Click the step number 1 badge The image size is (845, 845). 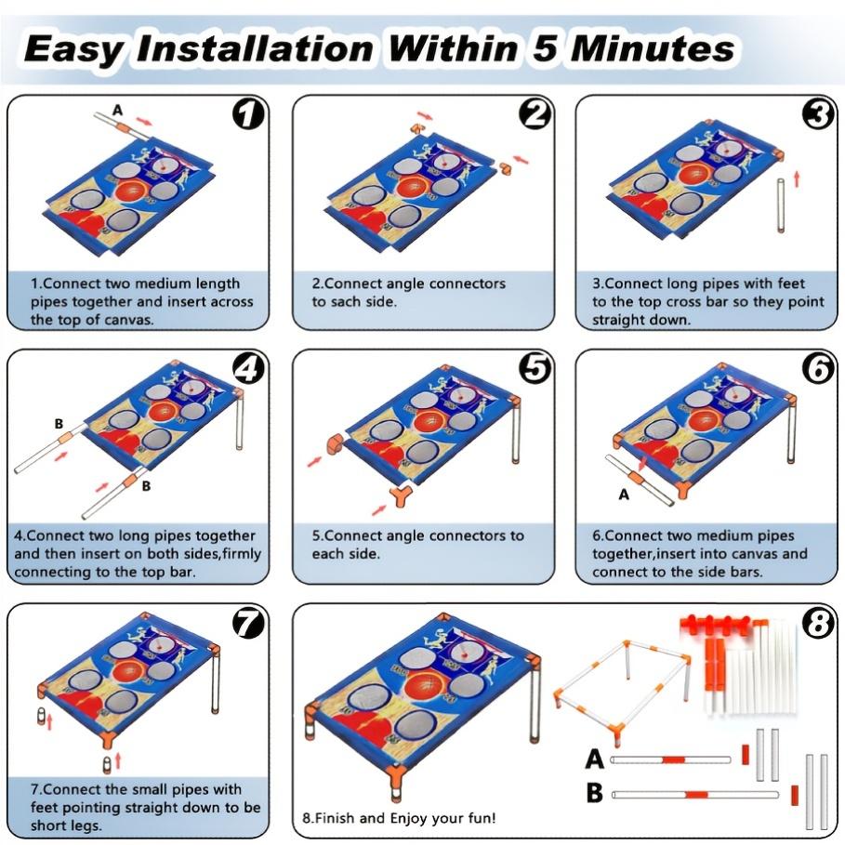pyautogui.click(x=248, y=113)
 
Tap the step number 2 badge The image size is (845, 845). pyautogui.click(x=535, y=113)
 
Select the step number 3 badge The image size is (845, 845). pyautogui.click(x=819, y=114)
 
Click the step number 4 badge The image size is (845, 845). pyautogui.click(x=248, y=368)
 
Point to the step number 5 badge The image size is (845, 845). pyautogui.click(x=535, y=368)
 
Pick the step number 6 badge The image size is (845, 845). pyautogui.click(x=819, y=368)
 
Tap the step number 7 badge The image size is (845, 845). pyautogui.click(x=248, y=623)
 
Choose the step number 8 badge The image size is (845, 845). pyautogui.click(x=819, y=623)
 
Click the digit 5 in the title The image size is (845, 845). pyautogui.click(x=545, y=48)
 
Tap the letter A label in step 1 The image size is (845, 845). pyautogui.click(x=117, y=111)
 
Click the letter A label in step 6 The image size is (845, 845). pyautogui.click(x=624, y=495)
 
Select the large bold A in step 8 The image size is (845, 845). pyautogui.click(x=594, y=759)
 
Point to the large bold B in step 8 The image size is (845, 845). pyautogui.click(x=594, y=793)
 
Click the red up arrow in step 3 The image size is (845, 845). pyautogui.click(x=797, y=178)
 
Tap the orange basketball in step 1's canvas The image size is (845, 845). pyautogui.click(x=131, y=190)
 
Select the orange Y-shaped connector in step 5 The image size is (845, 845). pyautogui.click(x=401, y=495)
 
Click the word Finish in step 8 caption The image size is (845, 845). pyautogui.click(x=335, y=818)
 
